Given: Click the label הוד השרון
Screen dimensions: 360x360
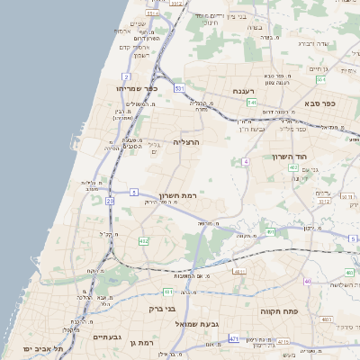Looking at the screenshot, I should click(x=288, y=156).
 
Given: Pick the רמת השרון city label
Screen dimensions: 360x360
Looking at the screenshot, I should click(x=177, y=195).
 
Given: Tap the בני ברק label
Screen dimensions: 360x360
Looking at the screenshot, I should click(x=160, y=310).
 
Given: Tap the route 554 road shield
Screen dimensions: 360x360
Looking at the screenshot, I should click(x=320, y=79).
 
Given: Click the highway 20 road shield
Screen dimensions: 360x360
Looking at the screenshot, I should click(x=110, y=202).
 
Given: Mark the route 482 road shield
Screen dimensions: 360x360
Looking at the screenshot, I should click(x=143, y=241).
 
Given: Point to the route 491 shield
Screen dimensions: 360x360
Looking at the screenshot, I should click(x=269, y=232).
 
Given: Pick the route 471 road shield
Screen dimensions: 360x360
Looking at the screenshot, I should click(x=233, y=338).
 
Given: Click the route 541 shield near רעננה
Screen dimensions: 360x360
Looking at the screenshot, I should click(x=253, y=103).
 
